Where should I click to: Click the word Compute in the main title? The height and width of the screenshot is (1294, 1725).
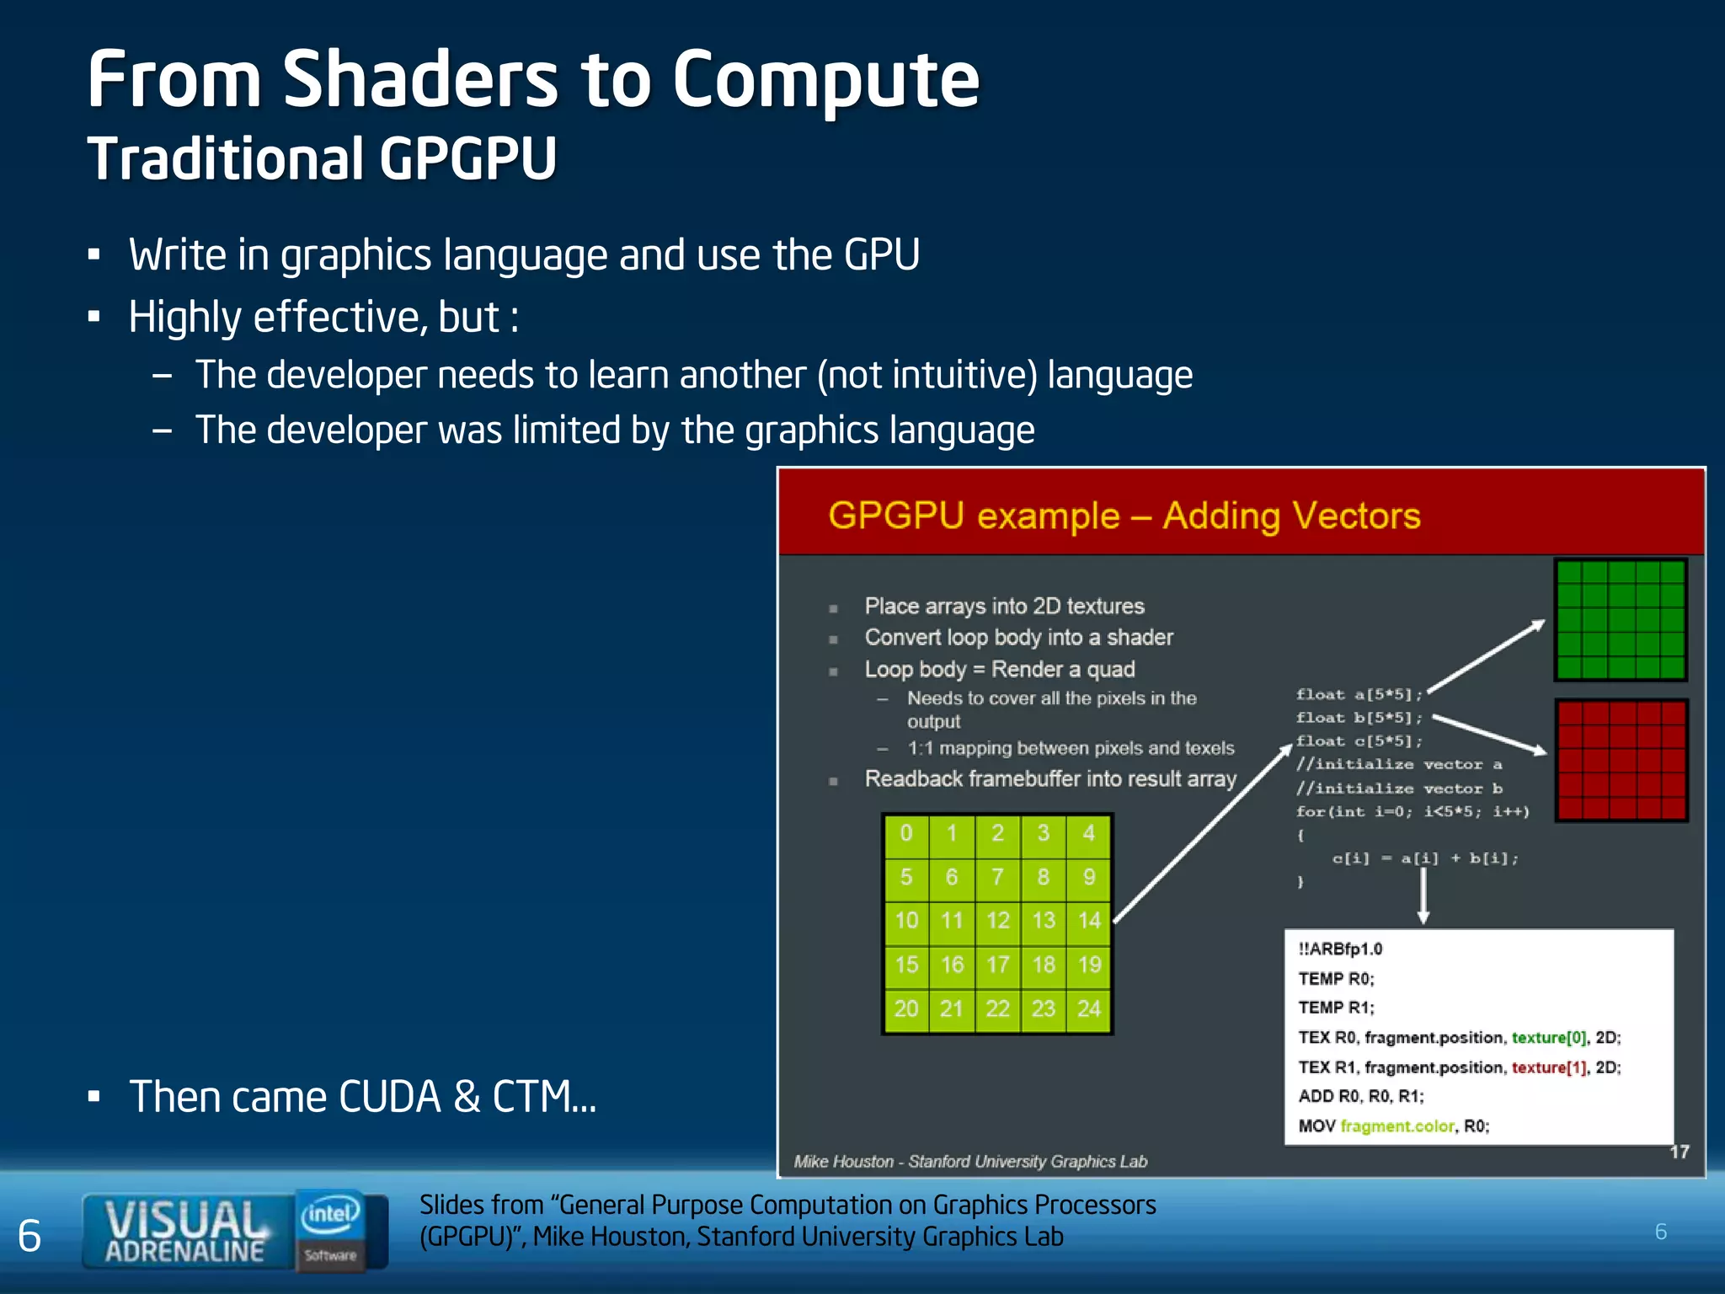(825, 82)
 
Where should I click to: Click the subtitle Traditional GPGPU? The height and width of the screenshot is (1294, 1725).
(322, 158)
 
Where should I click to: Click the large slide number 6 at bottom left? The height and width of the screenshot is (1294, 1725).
(29, 1236)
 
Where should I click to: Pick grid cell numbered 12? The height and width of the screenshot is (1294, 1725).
(998, 921)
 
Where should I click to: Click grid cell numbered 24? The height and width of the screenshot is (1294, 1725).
(1089, 1008)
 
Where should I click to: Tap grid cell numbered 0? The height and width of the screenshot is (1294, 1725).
(906, 833)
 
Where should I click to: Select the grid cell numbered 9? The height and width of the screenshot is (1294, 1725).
(1089, 877)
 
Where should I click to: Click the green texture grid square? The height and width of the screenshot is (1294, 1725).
(1620, 620)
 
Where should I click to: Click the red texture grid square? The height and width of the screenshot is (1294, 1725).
(1620, 760)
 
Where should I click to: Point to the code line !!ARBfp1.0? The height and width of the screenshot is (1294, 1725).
(1340, 949)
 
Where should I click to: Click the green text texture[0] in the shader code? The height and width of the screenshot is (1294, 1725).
(1548, 1038)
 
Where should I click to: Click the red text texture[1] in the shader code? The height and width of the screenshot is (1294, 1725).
(1548, 1067)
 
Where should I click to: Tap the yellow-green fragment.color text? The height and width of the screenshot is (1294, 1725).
(1397, 1126)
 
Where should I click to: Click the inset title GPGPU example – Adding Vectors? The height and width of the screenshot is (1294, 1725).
(1124, 516)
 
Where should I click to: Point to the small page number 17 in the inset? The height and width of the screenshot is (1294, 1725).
(1680, 1152)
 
